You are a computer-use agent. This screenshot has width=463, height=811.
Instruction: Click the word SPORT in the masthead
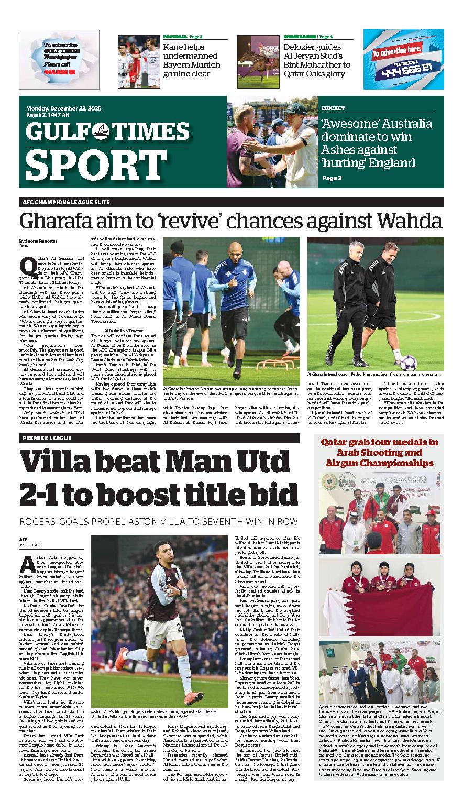pos(81,165)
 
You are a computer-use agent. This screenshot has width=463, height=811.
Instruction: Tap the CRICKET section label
pos(334,108)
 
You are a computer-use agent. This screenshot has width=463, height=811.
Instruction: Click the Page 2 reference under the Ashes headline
pos(332,178)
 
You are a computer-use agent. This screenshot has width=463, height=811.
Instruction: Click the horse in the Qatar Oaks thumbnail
pos(257,58)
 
